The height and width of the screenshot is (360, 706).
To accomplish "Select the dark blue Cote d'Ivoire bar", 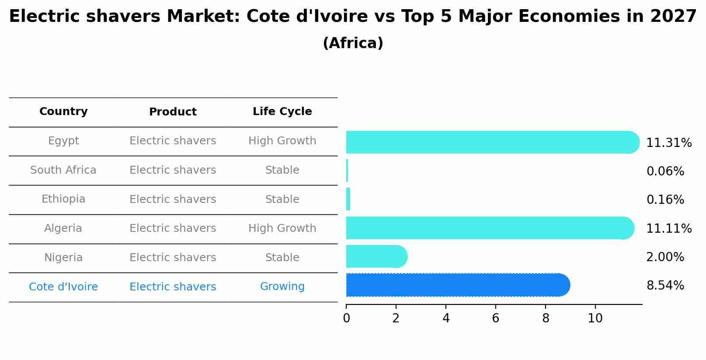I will click(457, 285).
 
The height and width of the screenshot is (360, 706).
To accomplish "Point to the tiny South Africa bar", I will click(347, 171).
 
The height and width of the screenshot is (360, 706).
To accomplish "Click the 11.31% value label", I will click(668, 143).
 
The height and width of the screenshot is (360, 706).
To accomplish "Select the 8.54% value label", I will click(665, 286).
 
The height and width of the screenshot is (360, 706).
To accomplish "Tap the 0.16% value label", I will click(665, 200).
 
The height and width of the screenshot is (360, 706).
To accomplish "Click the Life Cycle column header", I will click(282, 112).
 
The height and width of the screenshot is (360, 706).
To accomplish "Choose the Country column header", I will click(63, 112).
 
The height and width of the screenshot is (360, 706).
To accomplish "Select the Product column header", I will click(173, 112).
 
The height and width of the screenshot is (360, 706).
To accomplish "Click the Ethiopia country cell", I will click(63, 199).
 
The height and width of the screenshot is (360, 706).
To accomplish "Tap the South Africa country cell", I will click(63, 170).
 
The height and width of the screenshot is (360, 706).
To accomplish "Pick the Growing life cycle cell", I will click(282, 287).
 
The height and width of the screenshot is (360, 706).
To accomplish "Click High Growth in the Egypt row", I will click(282, 141).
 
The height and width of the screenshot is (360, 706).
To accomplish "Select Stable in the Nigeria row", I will click(282, 258).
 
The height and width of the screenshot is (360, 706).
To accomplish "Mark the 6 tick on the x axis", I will click(495, 318).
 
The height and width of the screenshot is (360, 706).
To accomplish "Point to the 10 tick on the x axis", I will click(595, 318).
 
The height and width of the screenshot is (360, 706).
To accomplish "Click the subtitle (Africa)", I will click(353, 43).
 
